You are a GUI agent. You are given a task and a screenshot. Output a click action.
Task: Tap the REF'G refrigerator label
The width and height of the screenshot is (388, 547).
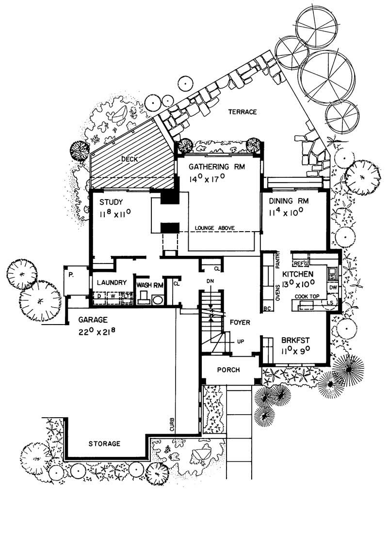[301, 264]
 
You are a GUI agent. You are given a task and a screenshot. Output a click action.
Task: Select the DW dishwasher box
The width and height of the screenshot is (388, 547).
[333, 288]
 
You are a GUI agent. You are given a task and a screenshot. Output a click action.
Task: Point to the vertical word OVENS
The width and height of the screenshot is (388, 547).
[278, 292]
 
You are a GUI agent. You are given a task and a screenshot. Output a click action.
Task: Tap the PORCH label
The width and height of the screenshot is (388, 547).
[228, 370]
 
